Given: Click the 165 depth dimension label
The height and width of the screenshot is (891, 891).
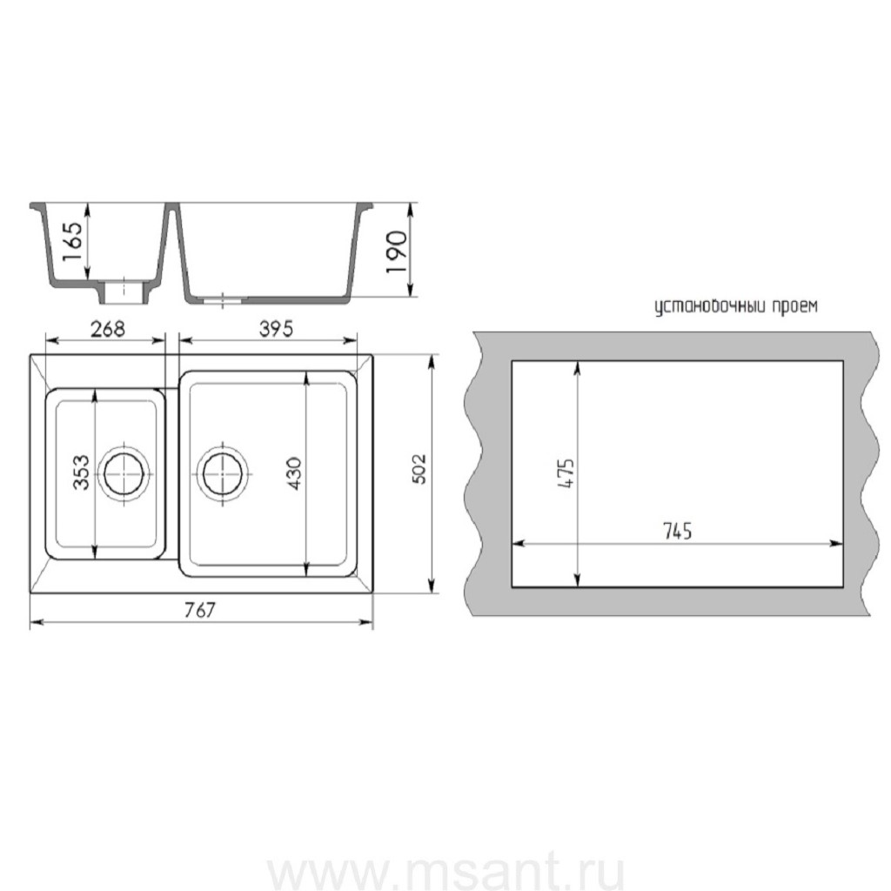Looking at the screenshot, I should point(73,243).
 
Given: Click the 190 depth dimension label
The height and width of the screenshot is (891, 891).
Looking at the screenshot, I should point(396,252).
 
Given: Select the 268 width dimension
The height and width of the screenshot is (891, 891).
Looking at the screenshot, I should point(108,328).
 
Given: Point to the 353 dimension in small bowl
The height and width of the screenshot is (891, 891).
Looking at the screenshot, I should point(81,472).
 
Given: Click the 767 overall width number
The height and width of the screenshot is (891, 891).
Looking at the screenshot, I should point(201,611).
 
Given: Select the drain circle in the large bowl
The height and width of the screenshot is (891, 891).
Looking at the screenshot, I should point(223,472).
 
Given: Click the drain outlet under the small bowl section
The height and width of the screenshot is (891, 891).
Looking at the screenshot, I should point(124,292).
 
